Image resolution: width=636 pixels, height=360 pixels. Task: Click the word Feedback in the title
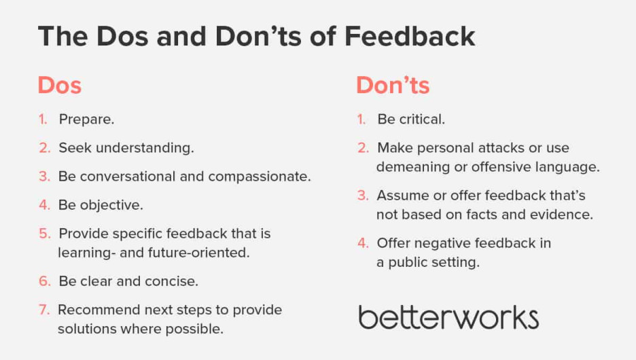[x=410, y=37]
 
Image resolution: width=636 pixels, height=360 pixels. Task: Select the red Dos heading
[x=60, y=86]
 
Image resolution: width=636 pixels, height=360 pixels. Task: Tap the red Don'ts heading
[x=393, y=86]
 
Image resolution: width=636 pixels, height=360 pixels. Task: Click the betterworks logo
[x=448, y=317]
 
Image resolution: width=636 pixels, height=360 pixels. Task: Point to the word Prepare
[x=86, y=120]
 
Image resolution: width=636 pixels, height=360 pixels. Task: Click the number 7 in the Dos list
[x=43, y=310]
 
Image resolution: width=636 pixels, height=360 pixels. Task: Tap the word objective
[x=111, y=205]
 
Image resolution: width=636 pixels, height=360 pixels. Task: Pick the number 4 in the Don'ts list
[x=363, y=243]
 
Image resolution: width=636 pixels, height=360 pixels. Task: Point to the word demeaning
[x=413, y=167]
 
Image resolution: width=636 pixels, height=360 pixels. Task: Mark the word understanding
[x=145, y=148]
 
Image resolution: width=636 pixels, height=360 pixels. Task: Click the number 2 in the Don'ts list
[x=363, y=148]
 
